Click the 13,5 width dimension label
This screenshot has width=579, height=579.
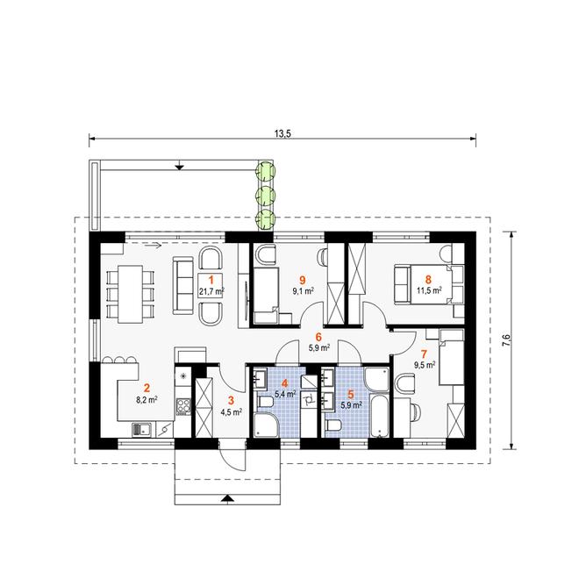[282, 133]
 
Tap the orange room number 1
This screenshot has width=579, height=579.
[211, 280]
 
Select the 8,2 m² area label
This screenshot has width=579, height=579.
[147, 399]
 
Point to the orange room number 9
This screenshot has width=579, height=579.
[303, 280]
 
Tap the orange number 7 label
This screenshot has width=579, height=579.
[424, 354]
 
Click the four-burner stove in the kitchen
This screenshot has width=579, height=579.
[183, 406]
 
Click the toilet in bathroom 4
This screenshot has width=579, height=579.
[265, 402]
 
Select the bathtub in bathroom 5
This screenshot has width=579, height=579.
[379, 416]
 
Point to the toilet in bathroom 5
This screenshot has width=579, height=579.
[333, 425]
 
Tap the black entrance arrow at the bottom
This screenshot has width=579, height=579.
[228, 498]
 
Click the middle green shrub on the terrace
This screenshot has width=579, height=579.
[266, 195]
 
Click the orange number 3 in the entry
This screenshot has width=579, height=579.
[231, 400]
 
